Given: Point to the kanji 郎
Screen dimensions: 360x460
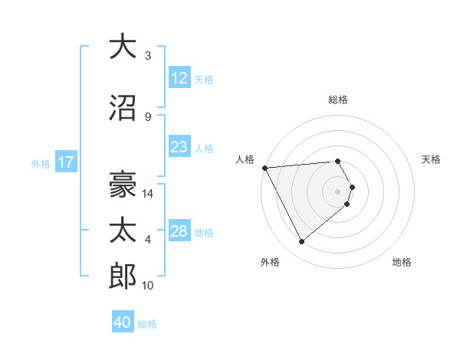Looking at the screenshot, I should coord(123,277).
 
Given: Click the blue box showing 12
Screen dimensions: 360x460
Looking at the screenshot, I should coord(179,78).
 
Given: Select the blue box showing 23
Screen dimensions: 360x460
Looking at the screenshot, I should coord(179,147).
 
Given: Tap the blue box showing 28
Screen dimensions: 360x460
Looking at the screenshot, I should coord(179,231).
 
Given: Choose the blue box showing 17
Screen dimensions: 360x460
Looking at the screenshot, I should coord(65,162).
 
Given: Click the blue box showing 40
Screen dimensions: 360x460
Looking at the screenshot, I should coord(123,322).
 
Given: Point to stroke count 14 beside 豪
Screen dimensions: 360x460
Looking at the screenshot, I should coord(149,194).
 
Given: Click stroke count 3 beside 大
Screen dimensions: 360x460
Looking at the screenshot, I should coord(148,56).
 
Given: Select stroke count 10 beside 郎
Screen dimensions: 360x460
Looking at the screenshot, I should coord(149,286).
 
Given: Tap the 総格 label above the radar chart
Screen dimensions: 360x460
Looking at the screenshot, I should coord(338,100).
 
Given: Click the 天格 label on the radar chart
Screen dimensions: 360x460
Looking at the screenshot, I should coord(431,159).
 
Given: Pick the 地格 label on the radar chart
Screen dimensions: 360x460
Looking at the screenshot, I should coord(402,262).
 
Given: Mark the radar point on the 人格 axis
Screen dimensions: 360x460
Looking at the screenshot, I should coord(264,168).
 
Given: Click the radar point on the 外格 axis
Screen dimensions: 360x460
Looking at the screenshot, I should coord(301,241).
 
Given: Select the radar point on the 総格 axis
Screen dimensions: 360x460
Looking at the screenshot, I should coord(338,161).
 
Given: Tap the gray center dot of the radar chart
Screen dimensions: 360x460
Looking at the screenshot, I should coord(338,191).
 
